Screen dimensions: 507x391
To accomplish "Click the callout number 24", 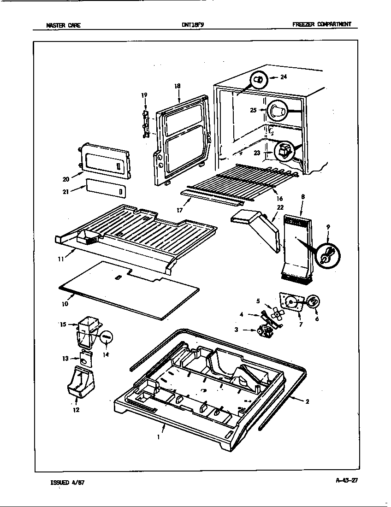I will pyautogui.click(x=284, y=77).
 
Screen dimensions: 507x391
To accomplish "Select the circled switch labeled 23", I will pyautogui.click(x=283, y=150).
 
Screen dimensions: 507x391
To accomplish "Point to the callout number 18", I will pyautogui.click(x=178, y=86).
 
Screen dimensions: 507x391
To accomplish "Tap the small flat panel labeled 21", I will pyautogui.click(x=104, y=190).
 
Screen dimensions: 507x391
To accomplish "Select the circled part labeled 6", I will pyautogui.click(x=313, y=302).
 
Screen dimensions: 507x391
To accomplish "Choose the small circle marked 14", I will pyautogui.click(x=107, y=337).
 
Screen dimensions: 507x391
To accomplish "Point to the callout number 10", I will pyautogui.click(x=65, y=304).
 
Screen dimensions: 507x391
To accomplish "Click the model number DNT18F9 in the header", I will pyautogui.click(x=193, y=25).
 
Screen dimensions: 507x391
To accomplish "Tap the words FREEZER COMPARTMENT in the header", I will pyautogui.click(x=325, y=24).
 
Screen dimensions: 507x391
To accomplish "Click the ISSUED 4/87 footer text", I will pyautogui.click(x=67, y=483).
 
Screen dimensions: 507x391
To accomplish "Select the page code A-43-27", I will pyautogui.click(x=346, y=480).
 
